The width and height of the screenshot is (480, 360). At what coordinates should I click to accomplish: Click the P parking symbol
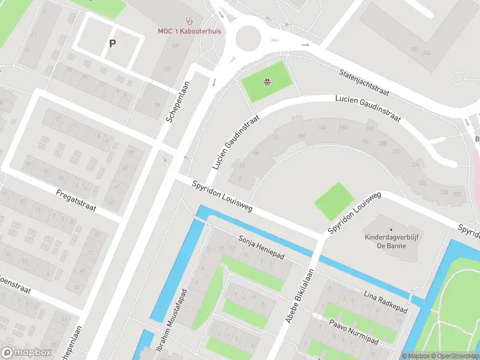pyautogui.click(x=112, y=43)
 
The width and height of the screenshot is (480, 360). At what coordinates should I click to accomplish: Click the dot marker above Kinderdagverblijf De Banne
pyautogui.click(x=391, y=229)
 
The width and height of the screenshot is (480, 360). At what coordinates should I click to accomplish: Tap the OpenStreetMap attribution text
pyautogui.click(x=457, y=356)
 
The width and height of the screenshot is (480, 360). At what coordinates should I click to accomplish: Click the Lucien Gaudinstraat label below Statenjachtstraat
pyautogui.click(x=367, y=108)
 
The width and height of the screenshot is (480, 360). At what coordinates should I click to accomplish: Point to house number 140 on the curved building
pyautogui.click(x=323, y=127)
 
